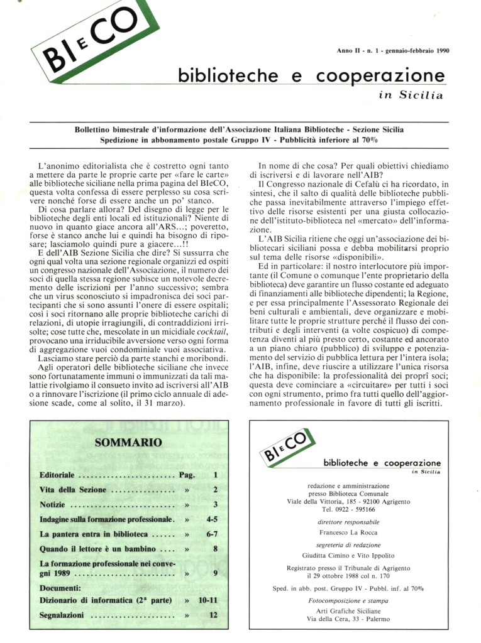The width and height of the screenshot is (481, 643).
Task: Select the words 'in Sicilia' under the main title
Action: [411, 95]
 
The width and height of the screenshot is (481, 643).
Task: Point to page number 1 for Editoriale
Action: [215, 475]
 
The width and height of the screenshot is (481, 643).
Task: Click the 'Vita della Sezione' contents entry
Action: [72, 490]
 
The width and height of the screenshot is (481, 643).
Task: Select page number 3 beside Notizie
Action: [215, 504]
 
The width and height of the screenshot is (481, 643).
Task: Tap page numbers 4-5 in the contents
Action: [211, 519]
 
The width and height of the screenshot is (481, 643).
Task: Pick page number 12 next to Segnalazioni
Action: [214, 616]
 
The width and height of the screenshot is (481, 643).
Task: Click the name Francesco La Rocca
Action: [345, 532]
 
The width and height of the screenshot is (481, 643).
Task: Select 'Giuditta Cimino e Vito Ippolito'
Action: [345, 555]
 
